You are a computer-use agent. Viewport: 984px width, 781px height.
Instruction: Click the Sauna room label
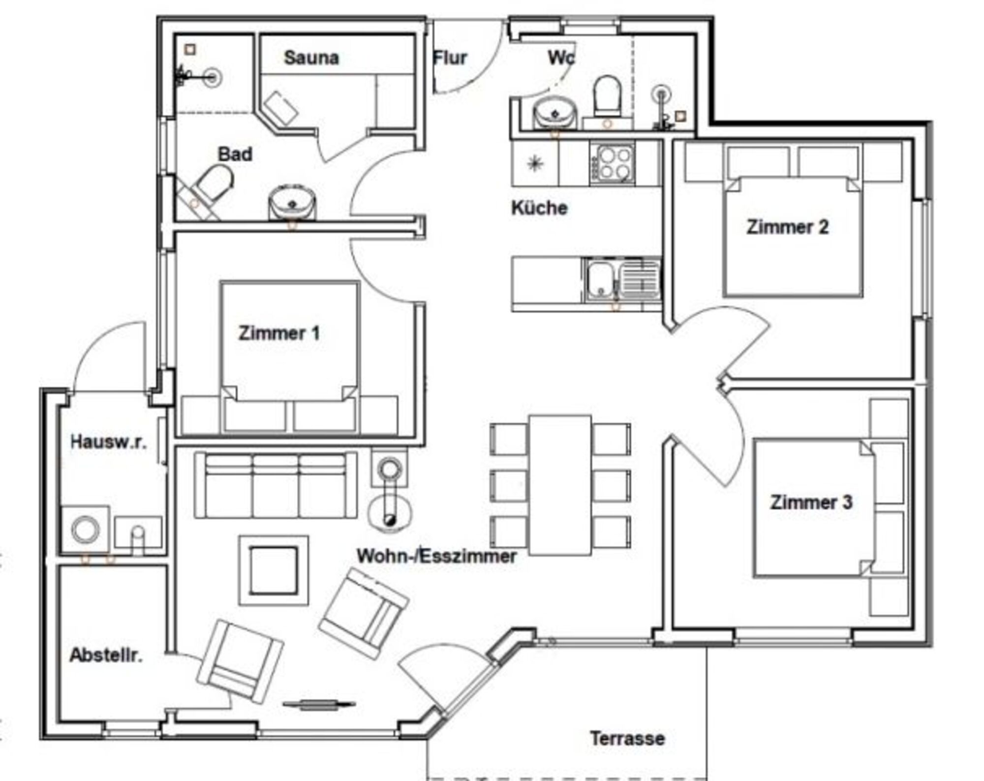311,58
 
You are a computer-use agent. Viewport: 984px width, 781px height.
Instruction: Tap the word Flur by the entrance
450,58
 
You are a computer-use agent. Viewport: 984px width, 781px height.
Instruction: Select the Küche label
539,208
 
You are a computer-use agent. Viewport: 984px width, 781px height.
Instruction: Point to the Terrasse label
627,738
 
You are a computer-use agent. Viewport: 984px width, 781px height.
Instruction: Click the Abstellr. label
106,655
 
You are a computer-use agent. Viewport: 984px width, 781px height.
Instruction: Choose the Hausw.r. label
108,441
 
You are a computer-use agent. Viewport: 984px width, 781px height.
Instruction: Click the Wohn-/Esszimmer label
436,556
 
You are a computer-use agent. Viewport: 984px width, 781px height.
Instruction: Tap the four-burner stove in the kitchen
612,163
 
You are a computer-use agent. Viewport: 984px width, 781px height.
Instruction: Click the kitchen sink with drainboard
622,280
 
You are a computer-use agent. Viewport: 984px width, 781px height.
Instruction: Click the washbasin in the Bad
292,202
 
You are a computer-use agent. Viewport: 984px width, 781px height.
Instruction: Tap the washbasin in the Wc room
555,114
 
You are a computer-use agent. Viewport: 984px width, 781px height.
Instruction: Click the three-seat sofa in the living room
276,485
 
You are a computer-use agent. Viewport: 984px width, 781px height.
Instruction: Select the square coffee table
274,570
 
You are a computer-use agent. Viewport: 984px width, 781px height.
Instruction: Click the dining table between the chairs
560,485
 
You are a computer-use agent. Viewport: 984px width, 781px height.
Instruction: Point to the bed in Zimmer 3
815,508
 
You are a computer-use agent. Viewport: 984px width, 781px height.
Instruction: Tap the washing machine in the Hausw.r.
85,529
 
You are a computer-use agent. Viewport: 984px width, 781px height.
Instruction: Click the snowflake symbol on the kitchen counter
535,163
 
